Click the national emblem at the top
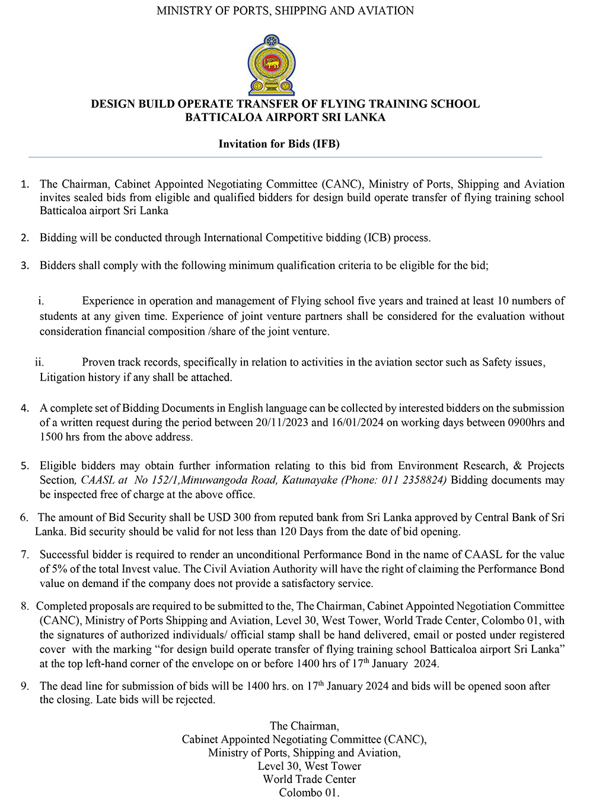click(271, 65)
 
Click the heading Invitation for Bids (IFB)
click(279, 144)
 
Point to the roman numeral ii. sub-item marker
click(39, 362)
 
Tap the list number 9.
click(25, 686)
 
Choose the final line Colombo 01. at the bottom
click(309, 793)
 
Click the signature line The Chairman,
click(304, 725)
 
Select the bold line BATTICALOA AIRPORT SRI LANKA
click(285, 117)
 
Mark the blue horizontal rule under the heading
click(285, 157)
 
